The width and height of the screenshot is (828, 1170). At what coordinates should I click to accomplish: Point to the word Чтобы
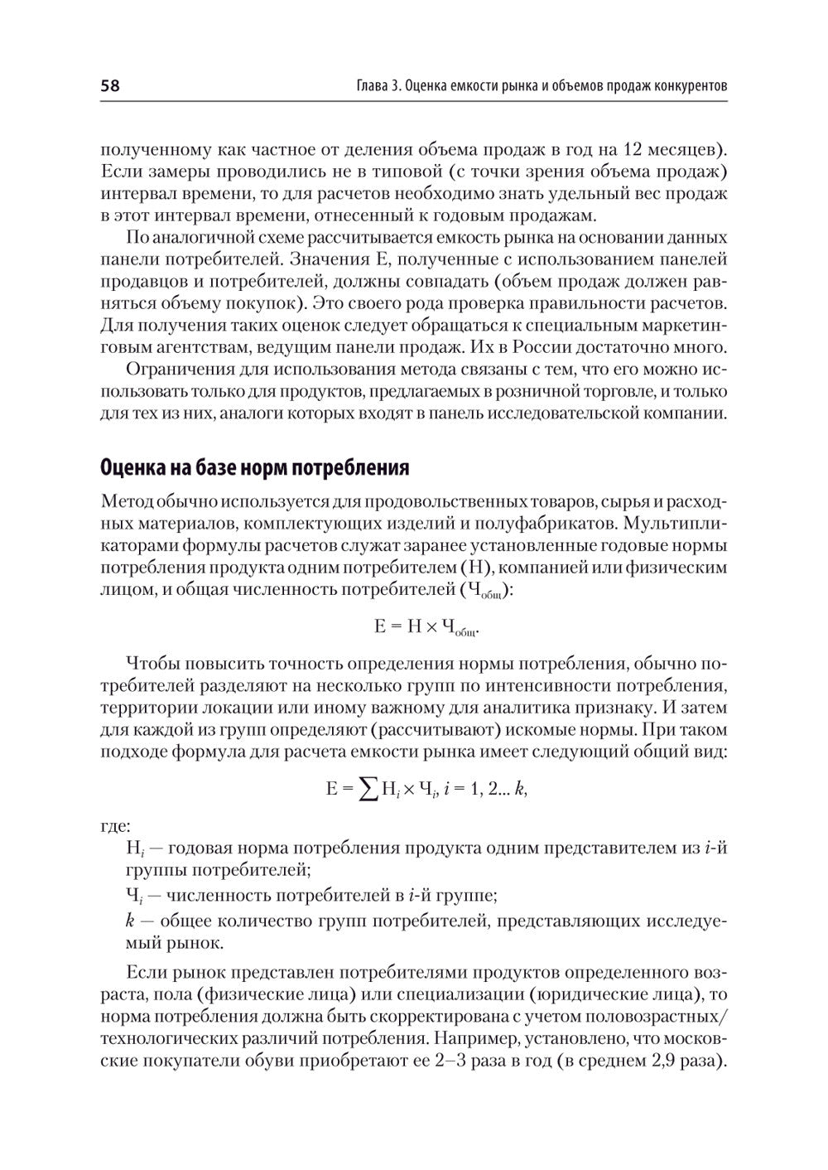[151, 664]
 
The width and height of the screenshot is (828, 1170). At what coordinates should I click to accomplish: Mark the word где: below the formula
[114, 826]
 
